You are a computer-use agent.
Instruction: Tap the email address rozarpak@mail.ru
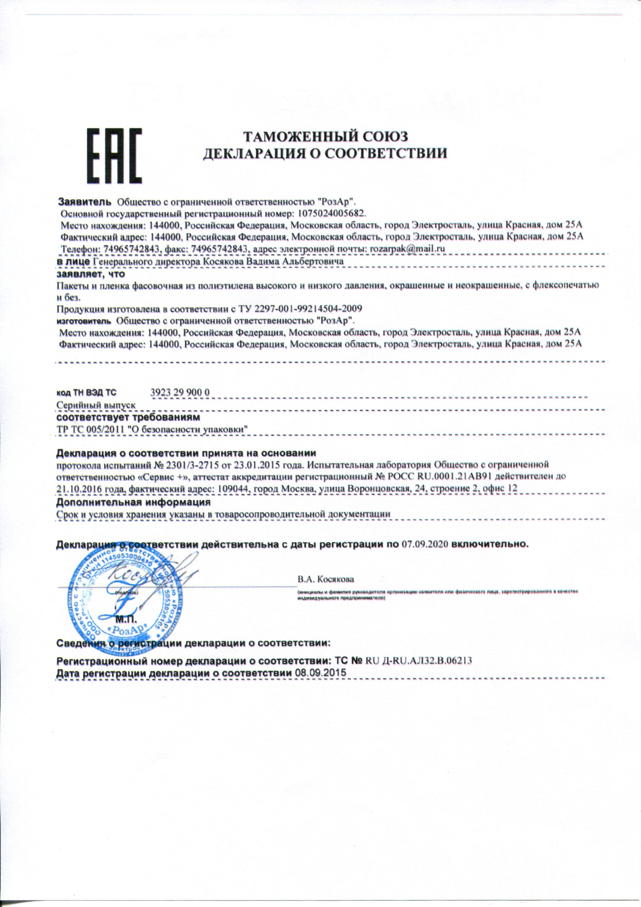tap(407, 249)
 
